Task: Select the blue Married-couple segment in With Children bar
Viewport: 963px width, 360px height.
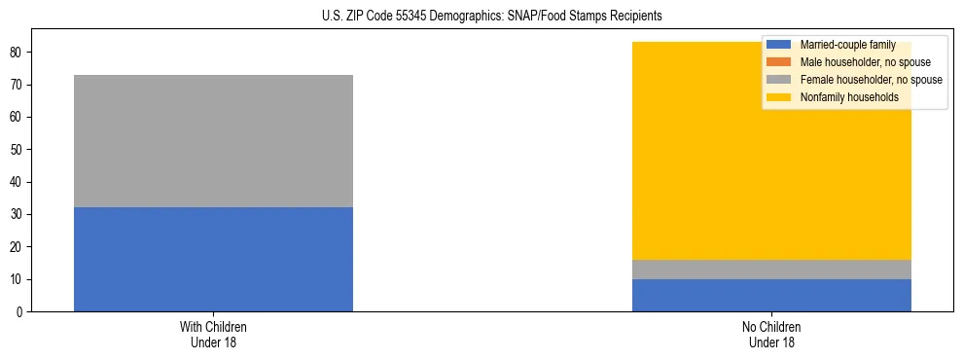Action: [213, 259]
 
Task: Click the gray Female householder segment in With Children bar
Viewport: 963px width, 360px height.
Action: [213, 141]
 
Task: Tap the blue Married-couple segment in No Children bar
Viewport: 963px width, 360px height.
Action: [771, 295]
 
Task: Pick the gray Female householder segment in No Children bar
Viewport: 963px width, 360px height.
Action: [771, 270]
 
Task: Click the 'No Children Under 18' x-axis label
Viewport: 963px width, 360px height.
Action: [771, 334]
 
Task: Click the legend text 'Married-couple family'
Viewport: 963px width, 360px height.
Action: [847, 45]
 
